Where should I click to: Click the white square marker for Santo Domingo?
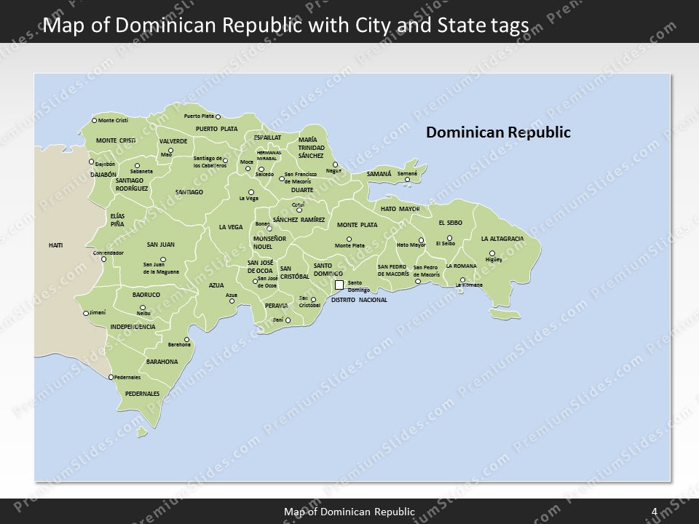click(339, 285)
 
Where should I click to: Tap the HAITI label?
click(56, 245)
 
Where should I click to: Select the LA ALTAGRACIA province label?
click(502, 239)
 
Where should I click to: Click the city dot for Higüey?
click(491, 253)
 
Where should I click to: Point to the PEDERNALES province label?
click(142, 393)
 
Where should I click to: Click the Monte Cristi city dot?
click(94, 120)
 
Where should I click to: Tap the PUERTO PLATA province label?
click(217, 129)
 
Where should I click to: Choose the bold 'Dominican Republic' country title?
click(498, 132)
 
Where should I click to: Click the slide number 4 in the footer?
click(655, 512)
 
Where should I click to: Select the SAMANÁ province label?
click(379, 175)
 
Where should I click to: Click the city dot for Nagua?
click(336, 164)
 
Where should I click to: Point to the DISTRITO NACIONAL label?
click(359, 300)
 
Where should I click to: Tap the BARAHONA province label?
click(162, 361)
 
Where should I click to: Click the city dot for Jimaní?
click(86, 314)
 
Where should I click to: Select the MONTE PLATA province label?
click(357, 225)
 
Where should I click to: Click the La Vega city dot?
click(251, 192)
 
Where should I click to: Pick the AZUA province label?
click(216, 285)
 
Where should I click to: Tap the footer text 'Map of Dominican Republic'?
click(349, 512)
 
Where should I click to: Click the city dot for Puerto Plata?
click(218, 116)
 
